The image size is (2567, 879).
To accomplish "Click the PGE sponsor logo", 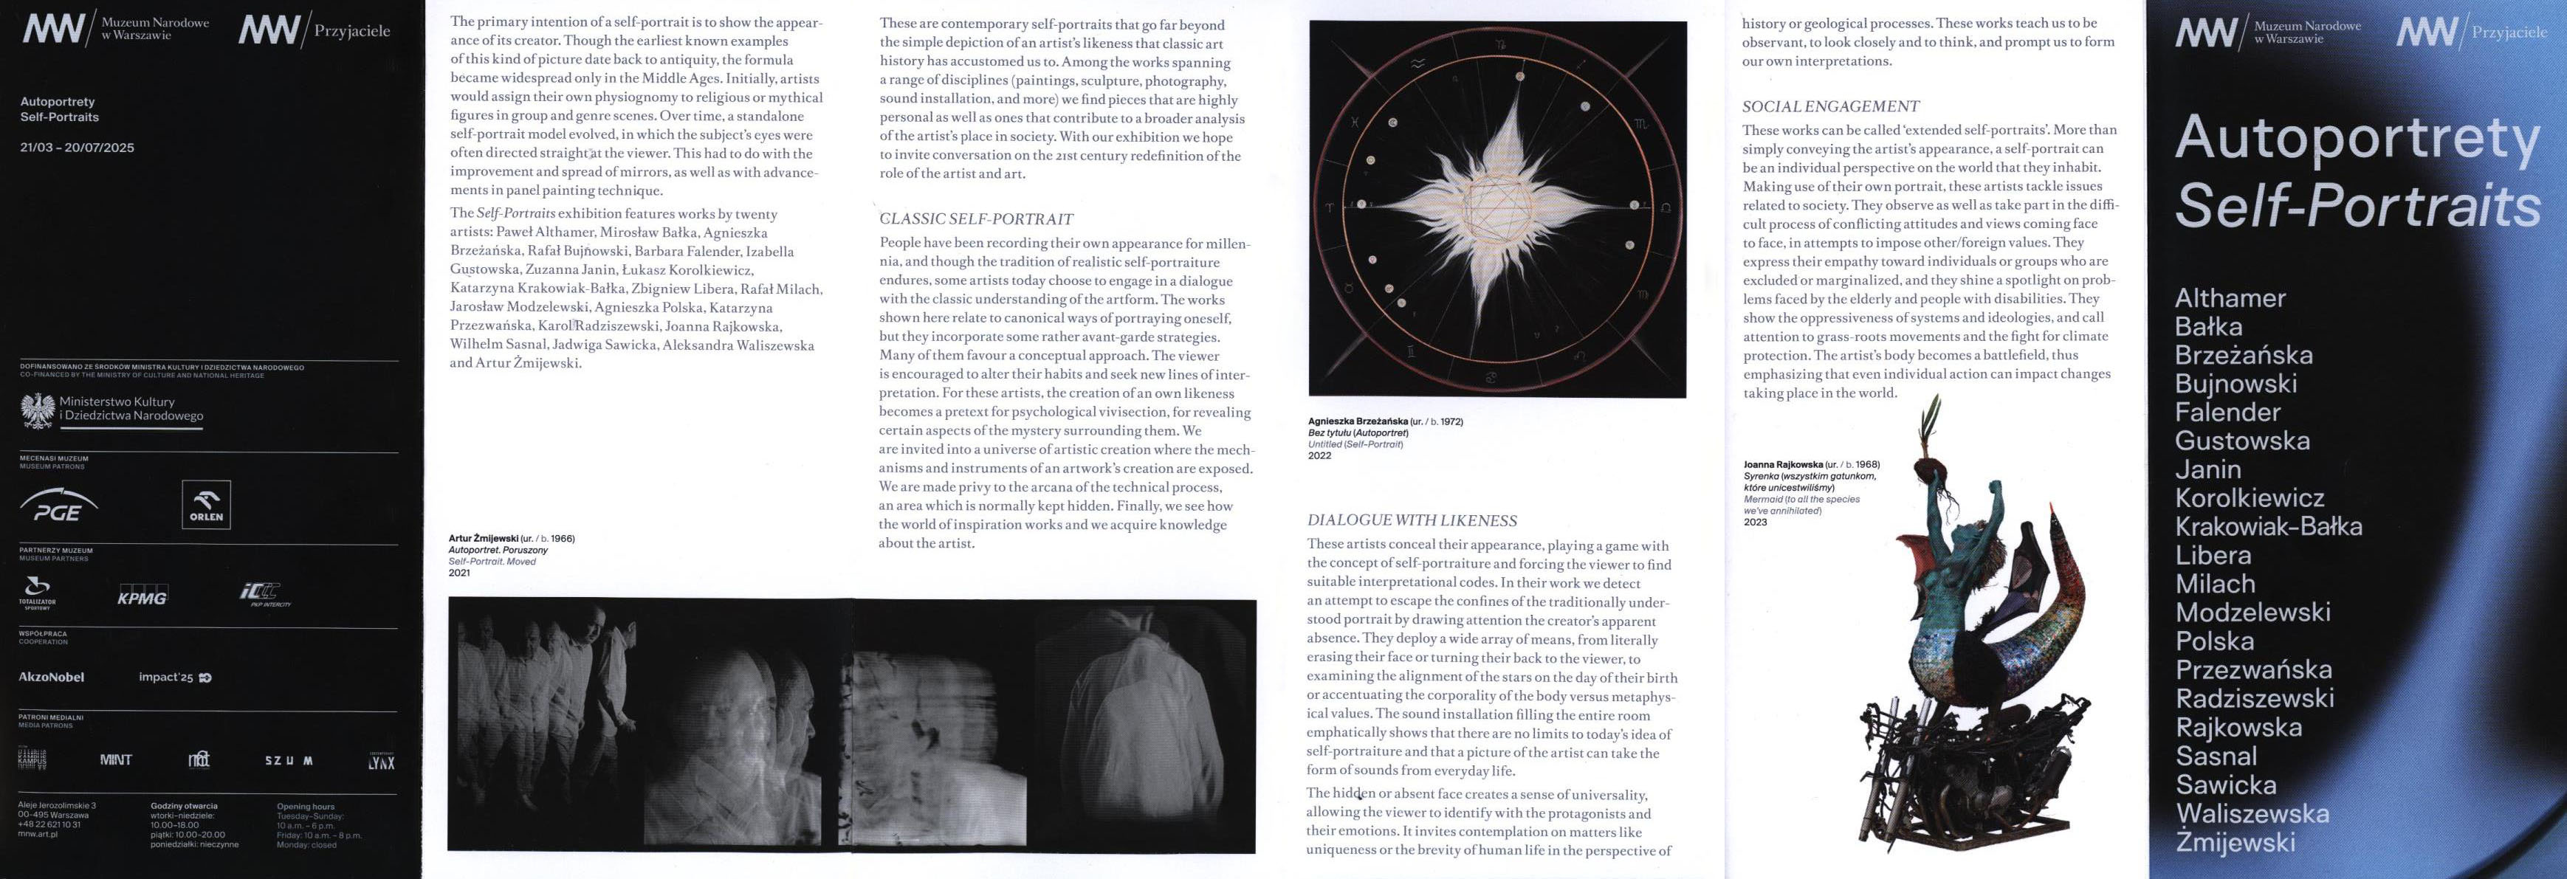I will click(58, 506).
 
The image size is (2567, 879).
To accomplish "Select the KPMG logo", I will click(142, 597).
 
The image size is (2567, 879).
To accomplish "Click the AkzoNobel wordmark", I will click(52, 678).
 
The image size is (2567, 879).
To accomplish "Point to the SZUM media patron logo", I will click(289, 760).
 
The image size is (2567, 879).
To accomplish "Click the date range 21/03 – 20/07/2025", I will click(77, 148).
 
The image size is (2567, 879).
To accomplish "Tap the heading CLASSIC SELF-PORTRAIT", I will click(975, 219).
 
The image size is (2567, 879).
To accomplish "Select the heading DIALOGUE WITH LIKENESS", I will click(1411, 520).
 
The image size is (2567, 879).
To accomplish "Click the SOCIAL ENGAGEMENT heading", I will click(1829, 106).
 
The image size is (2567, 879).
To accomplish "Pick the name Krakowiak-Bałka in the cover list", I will click(2268, 526).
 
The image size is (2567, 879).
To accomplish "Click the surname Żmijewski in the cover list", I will click(2236, 842).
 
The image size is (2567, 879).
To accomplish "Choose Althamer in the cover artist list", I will click(2230, 298).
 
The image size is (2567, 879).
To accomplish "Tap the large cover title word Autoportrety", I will click(2357, 139).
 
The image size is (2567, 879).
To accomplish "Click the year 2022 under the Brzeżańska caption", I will click(1319, 456).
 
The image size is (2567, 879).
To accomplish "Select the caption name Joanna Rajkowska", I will click(1783, 464).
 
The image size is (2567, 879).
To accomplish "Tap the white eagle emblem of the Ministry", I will click(38, 410).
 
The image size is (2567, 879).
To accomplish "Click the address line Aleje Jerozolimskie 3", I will click(57, 805).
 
